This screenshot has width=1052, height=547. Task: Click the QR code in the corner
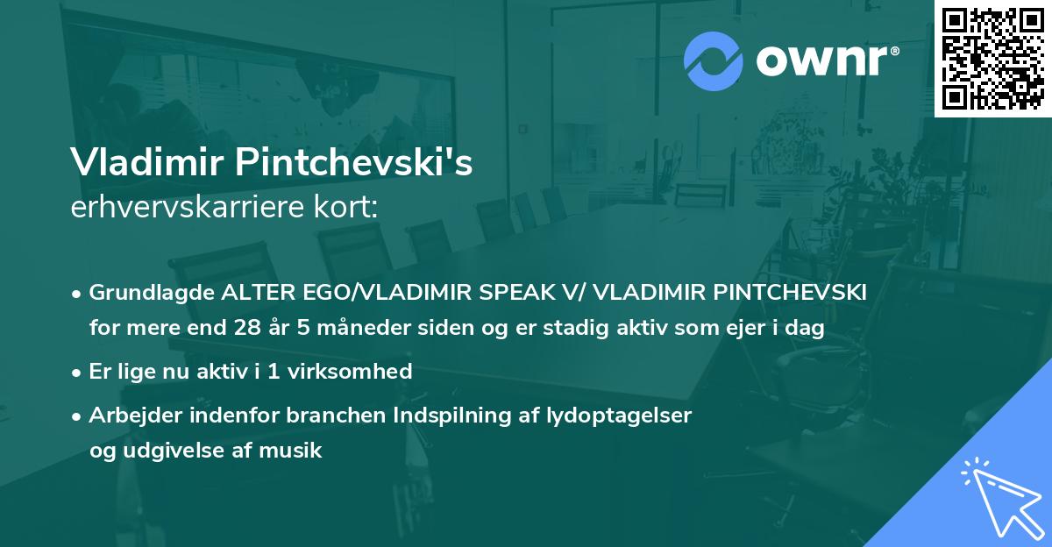click(992, 59)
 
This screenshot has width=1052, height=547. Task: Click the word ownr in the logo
click(826, 61)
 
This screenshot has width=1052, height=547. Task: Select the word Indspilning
click(419, 415)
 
